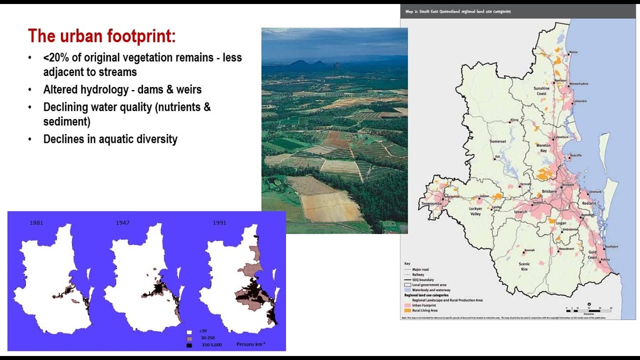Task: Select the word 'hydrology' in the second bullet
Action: tap(104, 90)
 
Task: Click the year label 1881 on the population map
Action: tap(36, 222)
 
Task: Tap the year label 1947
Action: tap(122, 222)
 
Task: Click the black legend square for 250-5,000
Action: tap(189, 345)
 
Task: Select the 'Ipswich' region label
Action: tap(520, 211)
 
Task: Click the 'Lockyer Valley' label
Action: tap(475, 210)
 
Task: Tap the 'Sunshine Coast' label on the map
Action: tap(541, 91)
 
